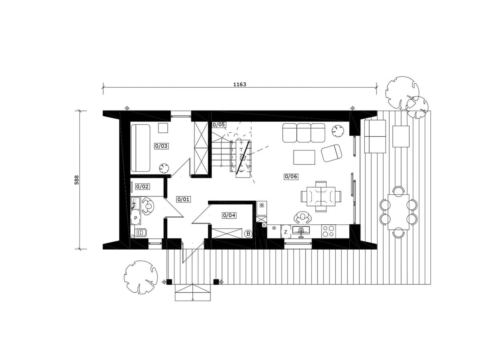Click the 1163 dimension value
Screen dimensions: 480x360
tap(240, 84)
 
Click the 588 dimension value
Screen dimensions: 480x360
tap(77, 180)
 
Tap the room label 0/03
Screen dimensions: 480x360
tap(161, 146)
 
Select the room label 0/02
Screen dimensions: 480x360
tap(142, 186)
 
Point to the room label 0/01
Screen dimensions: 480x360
tap(184, 199)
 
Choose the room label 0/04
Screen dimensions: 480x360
tap(229, 215)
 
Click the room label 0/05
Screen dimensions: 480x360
tap(219, 124)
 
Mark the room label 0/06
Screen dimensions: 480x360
tap(291, 176)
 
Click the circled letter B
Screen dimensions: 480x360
tap(248, 234)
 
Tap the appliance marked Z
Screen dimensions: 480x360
tap(286, 232)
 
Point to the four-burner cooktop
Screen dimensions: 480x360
tap(328, 231)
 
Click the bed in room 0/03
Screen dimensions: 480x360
tap(140, 148)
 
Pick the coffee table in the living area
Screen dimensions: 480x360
tap(304, 157)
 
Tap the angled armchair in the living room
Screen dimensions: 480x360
tap(331, 153)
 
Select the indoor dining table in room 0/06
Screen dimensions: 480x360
tap(321, 196)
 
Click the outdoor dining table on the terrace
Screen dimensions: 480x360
tap(398, 212)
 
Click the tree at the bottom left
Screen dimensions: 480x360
tap(141, 277)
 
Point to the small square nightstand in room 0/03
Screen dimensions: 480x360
tap(163, 128)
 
